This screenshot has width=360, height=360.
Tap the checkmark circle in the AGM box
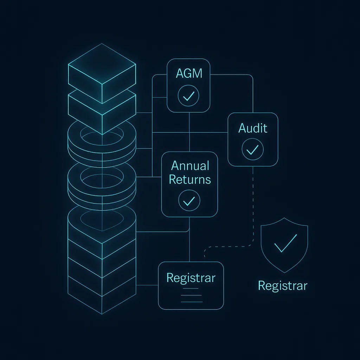pos(188,95)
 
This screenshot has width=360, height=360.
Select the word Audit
pos(253,128)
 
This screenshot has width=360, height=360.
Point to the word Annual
pos(190,166)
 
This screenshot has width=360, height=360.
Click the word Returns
pos(190,179)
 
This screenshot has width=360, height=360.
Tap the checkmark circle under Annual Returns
pos(189,200)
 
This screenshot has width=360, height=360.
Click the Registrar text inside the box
pos(191,278)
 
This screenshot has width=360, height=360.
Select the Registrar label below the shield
pos(283,285)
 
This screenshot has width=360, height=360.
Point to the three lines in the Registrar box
pos(192,295)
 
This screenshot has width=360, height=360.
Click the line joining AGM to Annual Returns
pos(189,132)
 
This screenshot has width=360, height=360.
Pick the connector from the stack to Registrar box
pos(147,285)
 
